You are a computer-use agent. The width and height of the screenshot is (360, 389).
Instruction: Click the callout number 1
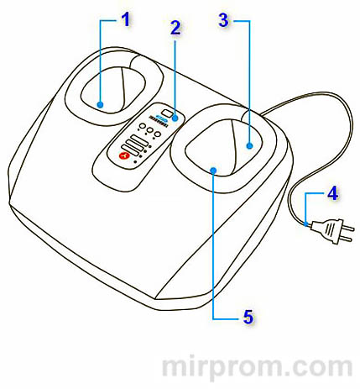click(x=126, y=20)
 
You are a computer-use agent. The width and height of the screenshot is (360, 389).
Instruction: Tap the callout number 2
click(x=175, y=28)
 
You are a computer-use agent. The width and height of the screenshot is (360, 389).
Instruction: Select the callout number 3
click(x=223, y=20)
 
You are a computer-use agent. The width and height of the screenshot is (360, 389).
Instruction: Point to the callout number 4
click(x=332, y=193)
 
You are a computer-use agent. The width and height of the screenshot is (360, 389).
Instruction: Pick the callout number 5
click(x=248, y=317)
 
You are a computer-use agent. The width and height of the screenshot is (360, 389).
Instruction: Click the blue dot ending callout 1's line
click(x=100, y=105)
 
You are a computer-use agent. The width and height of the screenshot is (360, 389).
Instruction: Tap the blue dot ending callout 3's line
click(x=249, y=145)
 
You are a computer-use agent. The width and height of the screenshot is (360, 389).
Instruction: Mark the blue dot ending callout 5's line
click(x=213, y=170)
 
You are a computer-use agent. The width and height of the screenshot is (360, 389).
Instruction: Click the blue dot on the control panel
click(x=175, y=118)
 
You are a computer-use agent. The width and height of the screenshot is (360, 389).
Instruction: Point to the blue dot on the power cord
click(x=306, y=223)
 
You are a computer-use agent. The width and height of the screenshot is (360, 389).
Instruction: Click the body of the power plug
click(x=326, y=230)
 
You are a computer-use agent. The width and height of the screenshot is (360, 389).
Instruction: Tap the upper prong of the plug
click(x=348, y=229)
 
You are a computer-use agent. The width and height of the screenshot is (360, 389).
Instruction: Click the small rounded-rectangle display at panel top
click(x=168, y=113)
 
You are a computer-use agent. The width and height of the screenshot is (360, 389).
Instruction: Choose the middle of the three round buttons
click(x=150, y=130)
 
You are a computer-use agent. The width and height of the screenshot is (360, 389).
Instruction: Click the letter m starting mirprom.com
click(x=175, y=367)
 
